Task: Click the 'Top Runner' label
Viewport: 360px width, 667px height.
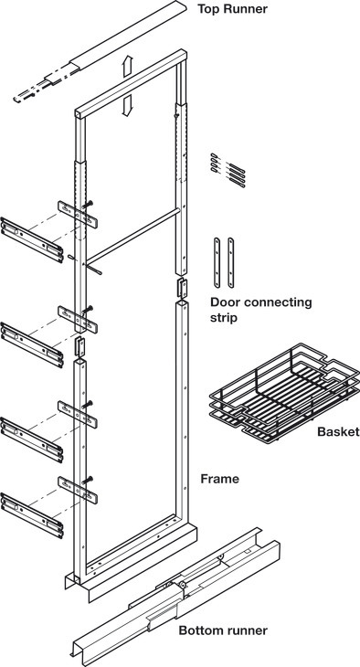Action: (x=232, y=8)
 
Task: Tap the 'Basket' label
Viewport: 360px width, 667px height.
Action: (x=338, y=432)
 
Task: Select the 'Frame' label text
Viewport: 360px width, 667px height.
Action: (x=219, y=479)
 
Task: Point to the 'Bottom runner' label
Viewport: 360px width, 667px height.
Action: (x=223, y=630)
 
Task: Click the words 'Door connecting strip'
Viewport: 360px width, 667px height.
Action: (x=260, y=310)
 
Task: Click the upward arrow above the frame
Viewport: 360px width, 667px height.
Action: (x=128, y=66)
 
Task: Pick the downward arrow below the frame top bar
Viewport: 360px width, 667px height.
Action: (x=127, y=105)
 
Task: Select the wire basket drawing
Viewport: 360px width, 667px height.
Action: (x=284, y=393)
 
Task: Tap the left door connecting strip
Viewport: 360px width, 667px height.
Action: (x=217, y=262)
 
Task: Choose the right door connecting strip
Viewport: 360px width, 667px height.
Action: (x=230, y=262)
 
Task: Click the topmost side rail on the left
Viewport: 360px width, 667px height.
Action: (x=32, y=240)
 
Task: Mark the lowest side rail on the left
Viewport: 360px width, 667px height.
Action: (x=32, y=515)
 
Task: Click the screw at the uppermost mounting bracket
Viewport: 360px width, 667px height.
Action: (x=88, y=205)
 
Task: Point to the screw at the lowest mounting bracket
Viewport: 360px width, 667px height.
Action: (x=88, y=480)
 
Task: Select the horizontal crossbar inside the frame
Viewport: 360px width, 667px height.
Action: (x=132, y=235)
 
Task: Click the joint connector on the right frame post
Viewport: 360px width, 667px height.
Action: (x=182, y=288)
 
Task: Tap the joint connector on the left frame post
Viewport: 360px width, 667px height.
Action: (x=80, y=346)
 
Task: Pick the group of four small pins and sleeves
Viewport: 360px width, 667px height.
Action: (x=228, y=170)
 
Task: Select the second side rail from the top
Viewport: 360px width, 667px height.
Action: (x=32, y=345)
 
